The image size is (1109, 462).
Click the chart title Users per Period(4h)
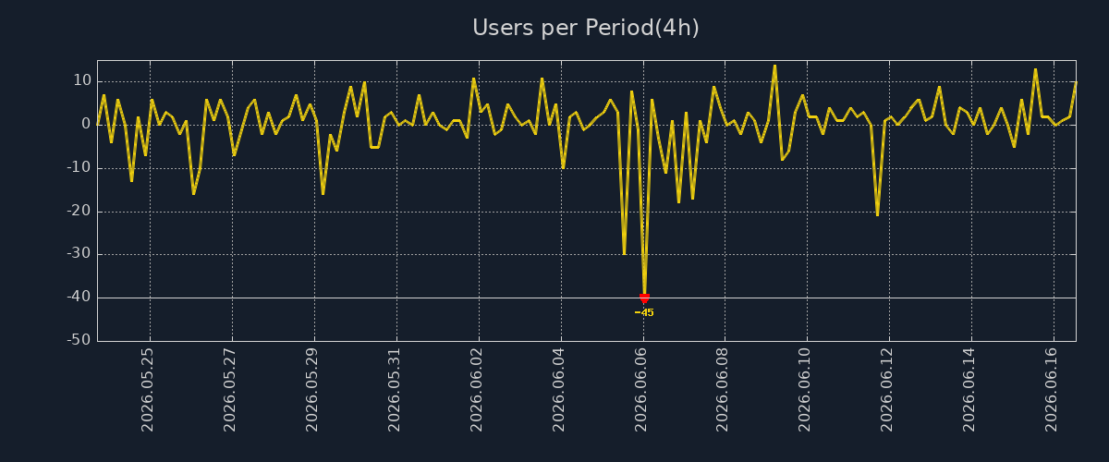[x=586, y=28]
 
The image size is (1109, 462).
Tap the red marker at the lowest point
[x=644, y=298]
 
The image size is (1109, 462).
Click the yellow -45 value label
[x=644, y=312]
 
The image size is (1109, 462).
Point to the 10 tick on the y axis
[x=82, y=80]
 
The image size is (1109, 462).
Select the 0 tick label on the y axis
[x=87, y=125]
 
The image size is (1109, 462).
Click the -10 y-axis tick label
[x=79, y=168]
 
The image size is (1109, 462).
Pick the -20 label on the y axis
[x=79, y=211]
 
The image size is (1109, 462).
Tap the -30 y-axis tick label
[x=79, y=254]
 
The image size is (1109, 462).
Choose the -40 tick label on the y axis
[x=79, y=298]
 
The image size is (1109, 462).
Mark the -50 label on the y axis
[x=79, y=340]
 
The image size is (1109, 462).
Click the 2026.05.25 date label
[x=147, y=390]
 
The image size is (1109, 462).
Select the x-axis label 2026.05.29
[x=311, y=390]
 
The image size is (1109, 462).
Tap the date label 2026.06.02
[x=476, y=390]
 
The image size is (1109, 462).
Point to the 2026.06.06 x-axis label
[x=640, y=390]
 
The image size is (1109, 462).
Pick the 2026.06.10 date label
[x=805, y=390]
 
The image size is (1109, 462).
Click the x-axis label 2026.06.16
[x=1051, y=390]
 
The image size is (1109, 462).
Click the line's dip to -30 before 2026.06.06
[x=624, y=254]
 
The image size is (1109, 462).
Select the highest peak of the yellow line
[x=774, y=66]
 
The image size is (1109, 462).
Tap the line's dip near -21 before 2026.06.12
[x=877, y=215]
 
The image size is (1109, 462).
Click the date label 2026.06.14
[x=969, y=390]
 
